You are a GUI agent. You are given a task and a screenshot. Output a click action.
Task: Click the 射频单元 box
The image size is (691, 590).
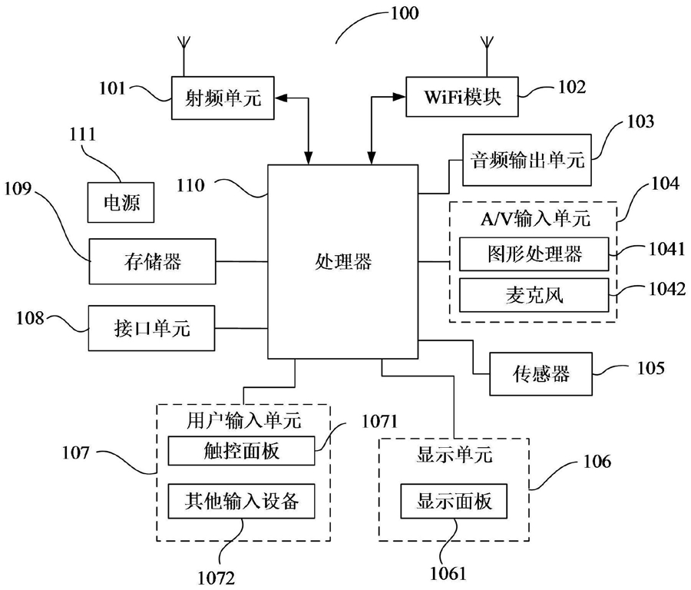pos(223,98)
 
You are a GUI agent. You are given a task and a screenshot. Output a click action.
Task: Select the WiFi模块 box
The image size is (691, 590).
pos(462,97)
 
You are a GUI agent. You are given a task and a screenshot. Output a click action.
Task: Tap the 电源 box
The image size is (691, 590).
pos(121,202)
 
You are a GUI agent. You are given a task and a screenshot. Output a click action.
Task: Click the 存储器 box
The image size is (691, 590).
pos(153,261)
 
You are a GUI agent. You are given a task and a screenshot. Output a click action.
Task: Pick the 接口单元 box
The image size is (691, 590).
pos(151,328)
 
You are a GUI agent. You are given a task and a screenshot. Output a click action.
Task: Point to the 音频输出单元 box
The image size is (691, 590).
pos(527,160)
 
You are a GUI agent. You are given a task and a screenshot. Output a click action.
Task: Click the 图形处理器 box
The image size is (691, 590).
pos(534,254)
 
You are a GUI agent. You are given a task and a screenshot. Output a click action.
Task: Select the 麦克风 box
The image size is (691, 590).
pos(534,295)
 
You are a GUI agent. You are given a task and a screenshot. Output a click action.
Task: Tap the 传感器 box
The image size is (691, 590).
pos(541,374)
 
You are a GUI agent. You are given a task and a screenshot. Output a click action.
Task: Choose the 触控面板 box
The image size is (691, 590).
pos(242,451)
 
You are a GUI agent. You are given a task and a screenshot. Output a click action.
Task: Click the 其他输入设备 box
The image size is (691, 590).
pos(242,501)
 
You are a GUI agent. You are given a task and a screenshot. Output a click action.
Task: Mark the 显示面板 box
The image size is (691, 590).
pos(454,501)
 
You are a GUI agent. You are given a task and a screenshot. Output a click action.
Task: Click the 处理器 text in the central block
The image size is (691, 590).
pos(343,261)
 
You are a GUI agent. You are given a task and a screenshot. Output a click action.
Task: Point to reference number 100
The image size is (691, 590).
pos(405,13)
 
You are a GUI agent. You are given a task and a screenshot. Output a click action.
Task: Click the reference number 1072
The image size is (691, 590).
pos(216,577)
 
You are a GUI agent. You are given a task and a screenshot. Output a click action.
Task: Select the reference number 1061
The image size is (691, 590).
pos(448,573)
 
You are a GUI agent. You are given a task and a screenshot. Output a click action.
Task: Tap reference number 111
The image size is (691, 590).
pos(82,134)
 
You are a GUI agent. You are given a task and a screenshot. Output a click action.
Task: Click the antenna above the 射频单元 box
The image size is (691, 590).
pos(184,56)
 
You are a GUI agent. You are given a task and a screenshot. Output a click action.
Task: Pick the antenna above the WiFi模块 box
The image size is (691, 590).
pos(487,56)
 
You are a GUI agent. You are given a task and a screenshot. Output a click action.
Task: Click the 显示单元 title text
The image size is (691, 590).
pos(454,455)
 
